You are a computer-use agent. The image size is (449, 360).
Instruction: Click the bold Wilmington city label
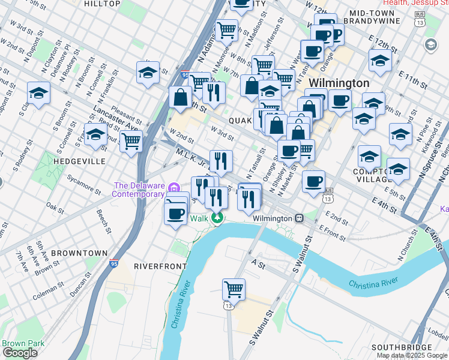pos(339,83)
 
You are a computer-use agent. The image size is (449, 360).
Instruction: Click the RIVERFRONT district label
pos(157,266)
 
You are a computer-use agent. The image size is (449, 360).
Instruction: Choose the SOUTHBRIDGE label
pos(401,347)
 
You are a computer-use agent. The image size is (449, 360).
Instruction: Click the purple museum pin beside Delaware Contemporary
pos(174,190)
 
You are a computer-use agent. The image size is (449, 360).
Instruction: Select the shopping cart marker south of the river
pos(234,289)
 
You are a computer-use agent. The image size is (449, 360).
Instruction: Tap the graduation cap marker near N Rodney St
pos(38,94)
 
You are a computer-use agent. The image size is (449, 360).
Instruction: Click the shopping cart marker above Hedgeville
pos(131,142)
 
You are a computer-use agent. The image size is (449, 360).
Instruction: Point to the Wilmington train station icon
pos(298,218)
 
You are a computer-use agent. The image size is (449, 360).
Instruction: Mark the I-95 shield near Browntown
pos(114,263)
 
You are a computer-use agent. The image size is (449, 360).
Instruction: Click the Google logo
pos(20,352)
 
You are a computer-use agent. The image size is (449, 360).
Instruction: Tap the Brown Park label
pos(14,344)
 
